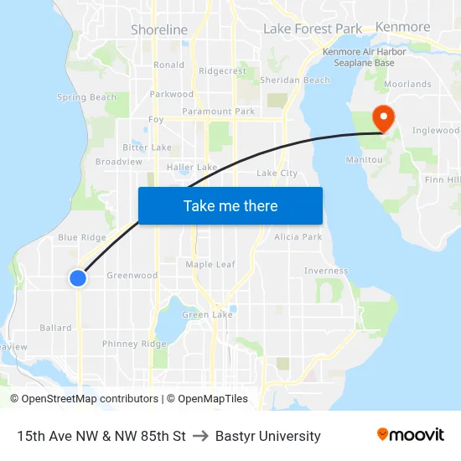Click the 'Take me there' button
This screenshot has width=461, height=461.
click(230, 205)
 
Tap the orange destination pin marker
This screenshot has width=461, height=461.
click(383, 118)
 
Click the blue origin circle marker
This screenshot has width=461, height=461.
click(77, 277)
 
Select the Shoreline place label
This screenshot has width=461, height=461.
click(159, 29)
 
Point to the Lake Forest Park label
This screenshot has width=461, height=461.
click(313, 28)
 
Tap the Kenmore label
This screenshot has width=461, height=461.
click(403, 27)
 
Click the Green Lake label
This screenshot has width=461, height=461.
click(207, 314)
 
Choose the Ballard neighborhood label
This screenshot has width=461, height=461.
click(55, 328)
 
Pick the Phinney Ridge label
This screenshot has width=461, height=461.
click(134, 344)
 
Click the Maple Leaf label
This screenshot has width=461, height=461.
click(210, 264)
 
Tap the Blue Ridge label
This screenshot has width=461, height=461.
click(82, 237)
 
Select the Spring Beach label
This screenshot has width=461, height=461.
click(87, 97)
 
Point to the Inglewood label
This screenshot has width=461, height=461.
click(436, 131)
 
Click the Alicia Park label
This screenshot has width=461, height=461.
click(298, 237)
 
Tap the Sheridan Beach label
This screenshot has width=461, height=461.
click(295, 80)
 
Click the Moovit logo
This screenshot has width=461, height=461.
click(411, 435)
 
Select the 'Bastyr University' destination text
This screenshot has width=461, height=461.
click(268, 436)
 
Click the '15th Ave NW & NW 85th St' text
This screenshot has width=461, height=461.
click(101, 436)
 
